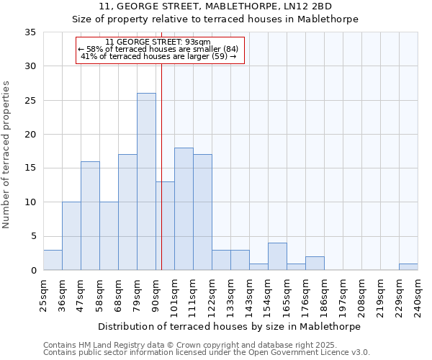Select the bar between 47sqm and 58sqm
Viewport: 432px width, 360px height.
point(90,216)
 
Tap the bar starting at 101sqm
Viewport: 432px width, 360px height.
point(184,209)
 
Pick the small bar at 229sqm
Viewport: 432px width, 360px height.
point(408,267)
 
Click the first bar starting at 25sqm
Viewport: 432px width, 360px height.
point(53,260)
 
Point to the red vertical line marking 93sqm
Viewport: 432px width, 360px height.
point(161,180)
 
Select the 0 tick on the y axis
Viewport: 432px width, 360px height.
point(33,271)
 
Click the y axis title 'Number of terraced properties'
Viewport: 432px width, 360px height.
point(6,155)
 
